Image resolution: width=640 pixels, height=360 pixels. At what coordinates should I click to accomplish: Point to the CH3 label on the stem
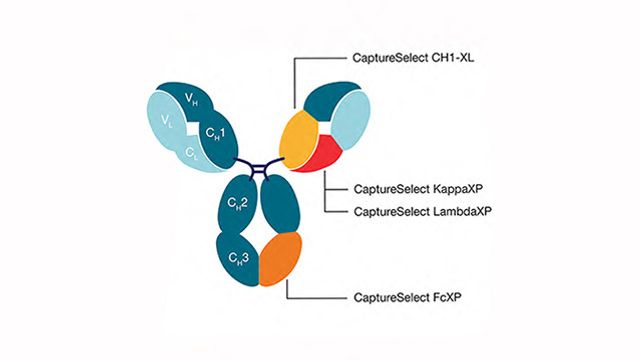click(238, 259)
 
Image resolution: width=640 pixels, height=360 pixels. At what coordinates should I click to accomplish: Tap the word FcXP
click(437, 298)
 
